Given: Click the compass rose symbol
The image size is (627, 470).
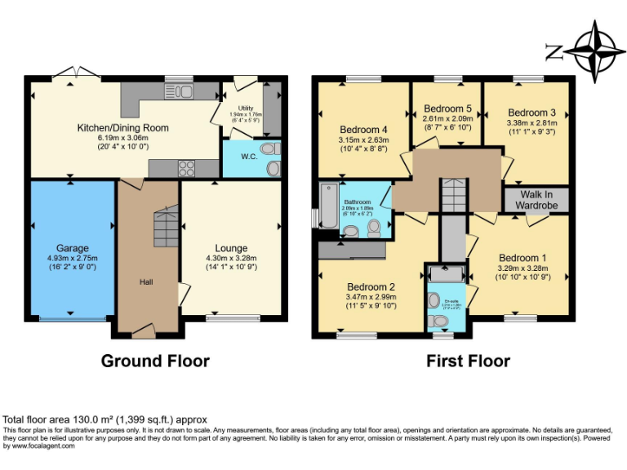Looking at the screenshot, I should tap(594, 48).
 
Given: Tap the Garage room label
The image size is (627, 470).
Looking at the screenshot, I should tap(72, 248).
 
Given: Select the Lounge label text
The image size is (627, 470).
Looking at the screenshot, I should tap(231, 248).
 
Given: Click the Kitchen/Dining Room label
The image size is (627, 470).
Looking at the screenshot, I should tap(122, 128).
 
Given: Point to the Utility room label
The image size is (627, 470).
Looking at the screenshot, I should tap(245, 108).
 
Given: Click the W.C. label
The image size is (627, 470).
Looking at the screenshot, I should tap(250, 157).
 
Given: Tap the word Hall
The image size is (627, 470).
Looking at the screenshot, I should tap(145, 282).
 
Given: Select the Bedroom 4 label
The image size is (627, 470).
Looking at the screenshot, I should tap(362, 129).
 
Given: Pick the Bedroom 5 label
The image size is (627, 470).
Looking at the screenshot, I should tap(447, 109).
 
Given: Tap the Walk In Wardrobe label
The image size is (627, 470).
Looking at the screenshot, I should tap(536, 200).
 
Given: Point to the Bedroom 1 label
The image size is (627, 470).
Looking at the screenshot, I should tap(520, 258).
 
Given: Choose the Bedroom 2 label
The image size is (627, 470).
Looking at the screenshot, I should tap(371, 286).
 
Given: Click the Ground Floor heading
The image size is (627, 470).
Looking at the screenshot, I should tap(155, 361).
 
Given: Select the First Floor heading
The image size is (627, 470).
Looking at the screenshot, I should tap(468, 361).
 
